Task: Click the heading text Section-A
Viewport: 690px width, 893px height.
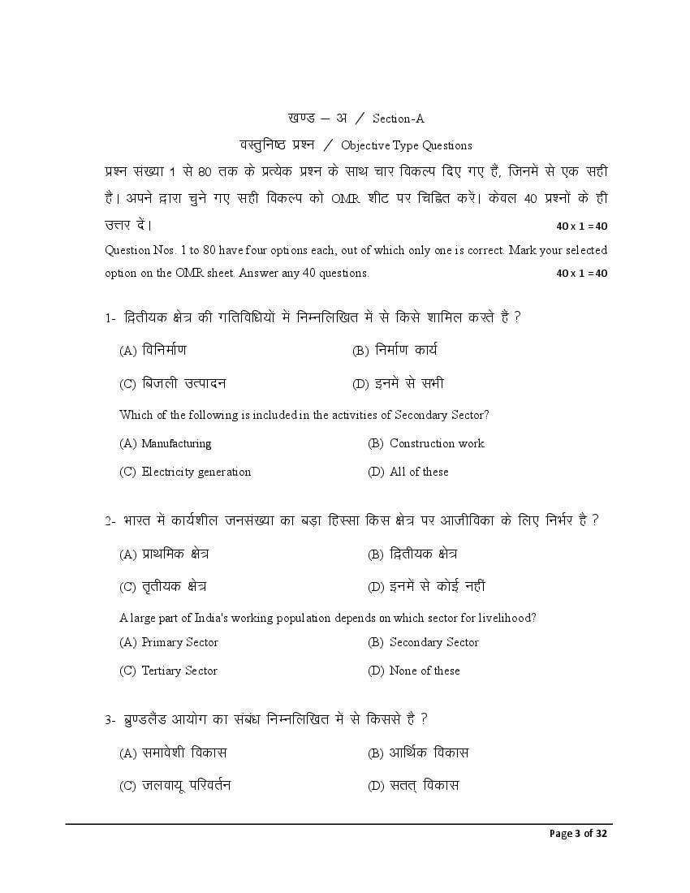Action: click(x=399, y=119)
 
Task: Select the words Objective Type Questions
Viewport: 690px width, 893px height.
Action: click(x=407, y=146)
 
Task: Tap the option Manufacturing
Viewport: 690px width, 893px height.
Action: click(x=176, y=443)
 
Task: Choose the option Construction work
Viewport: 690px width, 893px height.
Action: click(x=437, y=443)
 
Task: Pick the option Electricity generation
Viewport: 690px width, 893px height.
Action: click(x=196, y=472)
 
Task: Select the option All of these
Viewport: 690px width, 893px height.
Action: click(x=419, y=472)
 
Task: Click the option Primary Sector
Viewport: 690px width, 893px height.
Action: click(x=179, y=642)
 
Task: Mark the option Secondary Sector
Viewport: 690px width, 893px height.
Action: click(x=434, y=642)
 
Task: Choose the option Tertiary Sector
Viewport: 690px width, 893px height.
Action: click(x=179, y=671)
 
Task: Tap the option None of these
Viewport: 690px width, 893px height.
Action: click(x=425, y=671)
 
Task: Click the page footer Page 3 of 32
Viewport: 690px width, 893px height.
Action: click(x=578, y=834)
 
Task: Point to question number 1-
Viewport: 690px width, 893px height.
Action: click(x=110, y=318)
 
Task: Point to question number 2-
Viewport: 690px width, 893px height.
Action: click(x=110, y=521)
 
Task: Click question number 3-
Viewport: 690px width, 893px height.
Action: click(x=110, y=720)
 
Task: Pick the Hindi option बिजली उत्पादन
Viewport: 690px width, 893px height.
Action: click(x=183, y=383)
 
